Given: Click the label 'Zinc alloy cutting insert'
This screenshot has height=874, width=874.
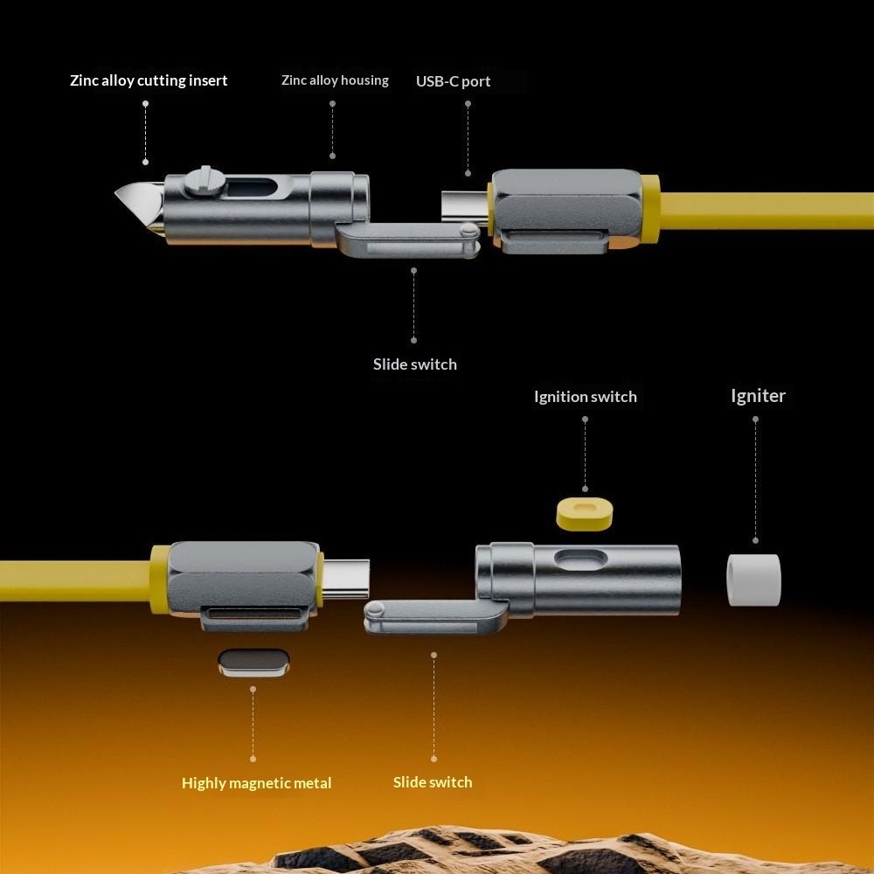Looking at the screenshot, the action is (x=149, y=80).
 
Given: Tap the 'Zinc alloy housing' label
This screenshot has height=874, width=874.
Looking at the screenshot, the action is (x=335, y=80).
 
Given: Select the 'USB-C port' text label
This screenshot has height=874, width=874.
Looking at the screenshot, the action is (x=453, y=81).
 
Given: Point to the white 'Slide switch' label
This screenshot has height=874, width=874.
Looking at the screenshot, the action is (x=414, y=364).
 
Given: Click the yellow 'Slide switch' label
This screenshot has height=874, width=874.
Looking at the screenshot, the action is (x=433, y=782).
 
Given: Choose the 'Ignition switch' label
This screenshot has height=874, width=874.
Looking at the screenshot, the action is (x=586, y=396).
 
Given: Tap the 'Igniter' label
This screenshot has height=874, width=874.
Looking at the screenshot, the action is (x=758, y=396).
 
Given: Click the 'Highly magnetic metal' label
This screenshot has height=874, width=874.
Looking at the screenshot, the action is (x=256, y=783).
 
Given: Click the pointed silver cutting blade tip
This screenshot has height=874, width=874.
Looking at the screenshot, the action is (x=116, y=193).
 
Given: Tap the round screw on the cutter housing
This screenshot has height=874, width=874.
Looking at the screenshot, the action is (x=205, y=181).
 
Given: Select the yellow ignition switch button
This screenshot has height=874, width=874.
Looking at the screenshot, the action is (x=584, y=513).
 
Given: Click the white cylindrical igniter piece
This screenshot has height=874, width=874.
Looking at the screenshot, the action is (x=753, y=579).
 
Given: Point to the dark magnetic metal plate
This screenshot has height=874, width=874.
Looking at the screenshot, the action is (x=253, y=662).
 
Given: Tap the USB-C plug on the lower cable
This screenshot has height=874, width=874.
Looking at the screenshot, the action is (x=345, y=579).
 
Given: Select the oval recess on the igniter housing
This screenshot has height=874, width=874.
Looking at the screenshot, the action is (x=581, y=559).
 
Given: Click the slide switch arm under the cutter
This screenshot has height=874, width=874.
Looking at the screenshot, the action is (x=408, y=239).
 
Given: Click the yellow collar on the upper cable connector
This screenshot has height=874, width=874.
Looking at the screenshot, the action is (x=650, y=210).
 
